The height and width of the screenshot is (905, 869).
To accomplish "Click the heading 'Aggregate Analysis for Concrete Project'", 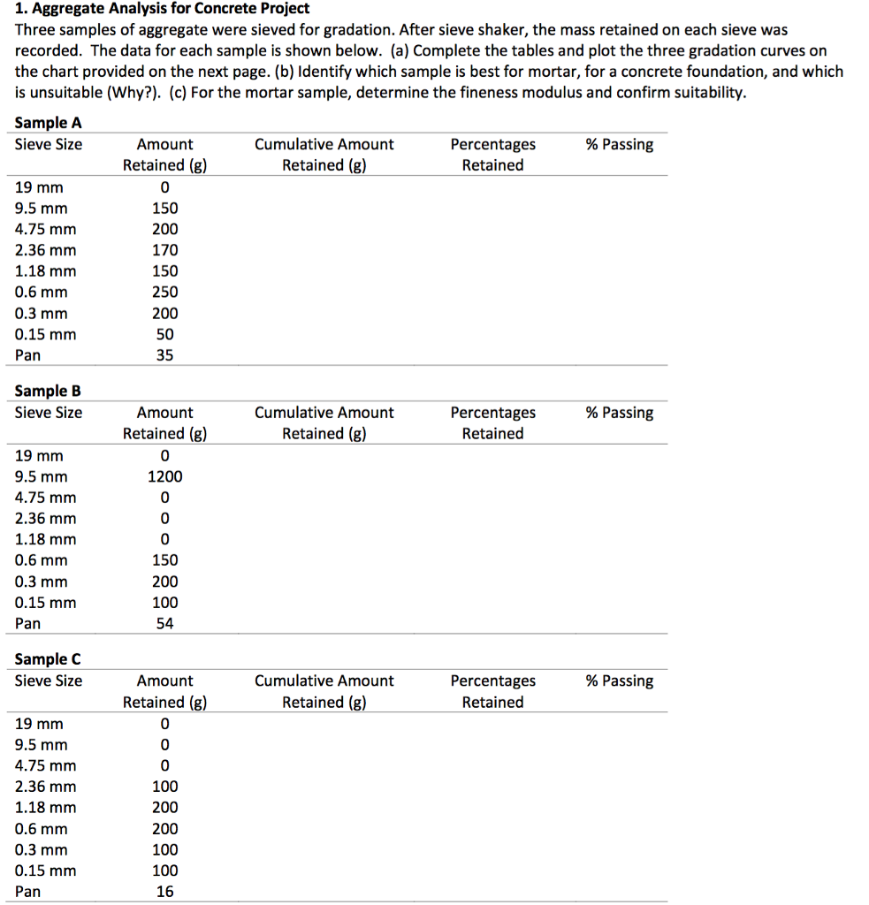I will pyautogui.click(x=171, y=9).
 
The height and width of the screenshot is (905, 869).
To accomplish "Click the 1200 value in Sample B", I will pyautogui.click(x=164, y=476).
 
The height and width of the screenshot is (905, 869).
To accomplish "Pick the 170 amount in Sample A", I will pyautogui.click(x=164, y=250).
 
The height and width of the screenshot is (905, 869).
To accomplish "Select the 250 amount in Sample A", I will pyautogui.click(x=164, y=292).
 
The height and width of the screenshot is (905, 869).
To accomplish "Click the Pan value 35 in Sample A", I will pyautogui.click(x=164, y=355).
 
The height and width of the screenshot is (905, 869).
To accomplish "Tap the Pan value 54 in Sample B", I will pyautogui.click(x=164, y=624).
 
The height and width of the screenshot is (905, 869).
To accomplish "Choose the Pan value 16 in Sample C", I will pyautogui.click(x=164, y=892).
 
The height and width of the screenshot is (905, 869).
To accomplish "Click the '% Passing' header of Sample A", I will pyautogui.click(x=620, y=144).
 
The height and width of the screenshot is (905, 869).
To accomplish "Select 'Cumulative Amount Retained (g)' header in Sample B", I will pyautogui.click(x=324, y=422).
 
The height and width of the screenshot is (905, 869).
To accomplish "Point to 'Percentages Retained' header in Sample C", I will pyautogui.click(x=492, y=691).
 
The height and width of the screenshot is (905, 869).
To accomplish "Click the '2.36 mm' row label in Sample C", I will pyautogui.click(x=46, y=787).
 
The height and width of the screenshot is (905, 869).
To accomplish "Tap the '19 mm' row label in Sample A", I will pyautogui.click(x=40, y=187).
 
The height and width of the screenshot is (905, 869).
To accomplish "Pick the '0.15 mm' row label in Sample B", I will pyautogui.click(x=46, y=603).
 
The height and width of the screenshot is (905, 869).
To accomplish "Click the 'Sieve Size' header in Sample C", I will pyautogui.click(x=49, y=681).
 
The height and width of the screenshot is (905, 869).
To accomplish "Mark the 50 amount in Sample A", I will pyautogui.click(x=164, y=334).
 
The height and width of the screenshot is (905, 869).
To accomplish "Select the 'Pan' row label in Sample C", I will pyautogui.click(x=28, y=892).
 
